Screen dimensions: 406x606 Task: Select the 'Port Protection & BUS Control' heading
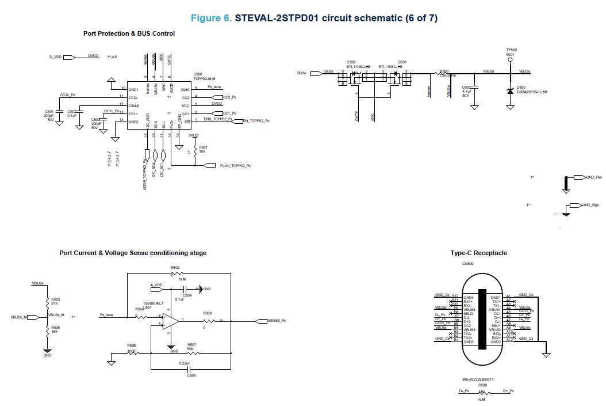pos(129,33)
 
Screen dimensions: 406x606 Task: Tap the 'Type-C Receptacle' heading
pos(478,253)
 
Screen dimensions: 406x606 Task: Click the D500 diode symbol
pos(509,90)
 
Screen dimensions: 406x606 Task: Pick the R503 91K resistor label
pos(56,302)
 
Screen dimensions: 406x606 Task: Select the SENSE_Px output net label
pos(277,320)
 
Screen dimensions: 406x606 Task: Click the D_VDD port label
pos(55,57)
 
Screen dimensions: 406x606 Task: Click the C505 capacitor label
pos(191,375)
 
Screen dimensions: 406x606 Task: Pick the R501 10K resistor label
pos(202,149)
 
